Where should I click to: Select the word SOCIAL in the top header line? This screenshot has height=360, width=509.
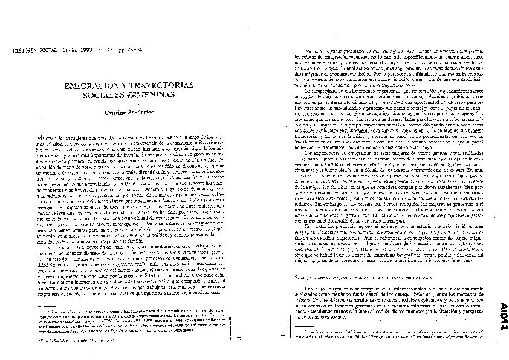[x=45, y=53]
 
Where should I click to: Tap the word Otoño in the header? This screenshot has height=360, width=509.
[x=68, y=53]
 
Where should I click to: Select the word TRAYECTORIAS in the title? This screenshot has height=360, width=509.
[x=153, y=86]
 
